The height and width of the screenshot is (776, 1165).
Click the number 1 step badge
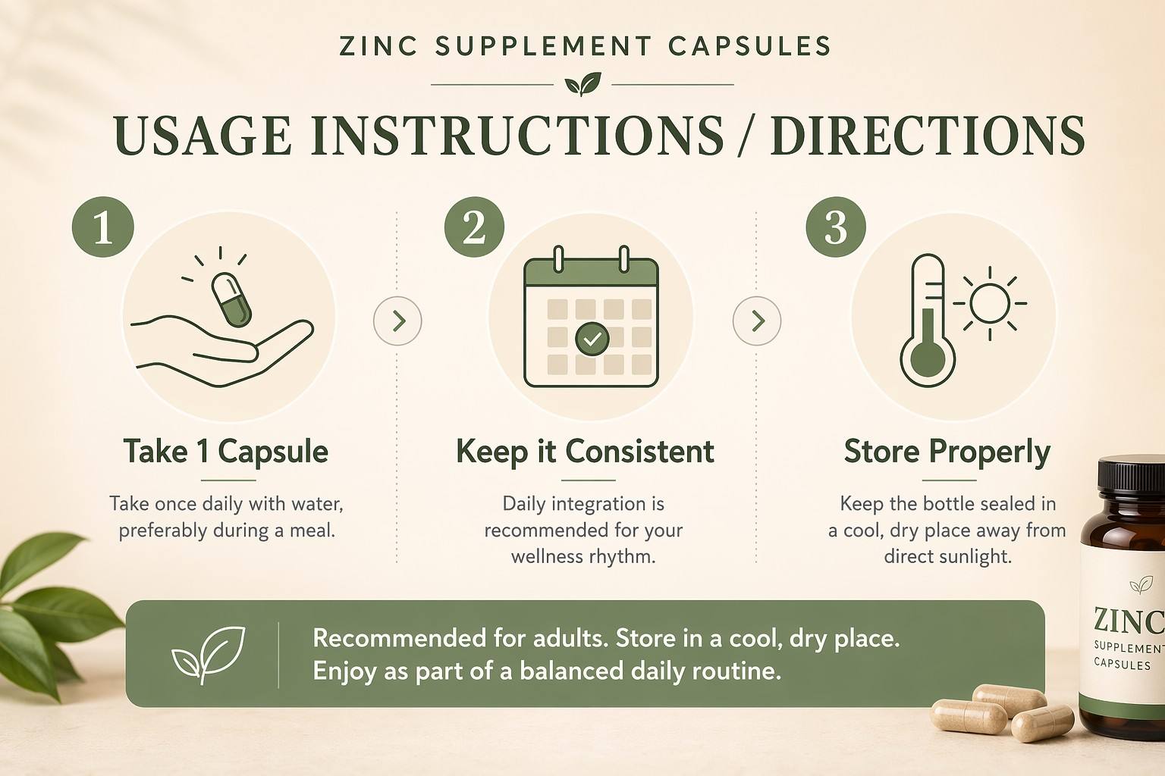pyautogui.click(x=103, y=227)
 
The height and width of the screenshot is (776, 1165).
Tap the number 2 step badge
pyautogui.click(x=474, y=227)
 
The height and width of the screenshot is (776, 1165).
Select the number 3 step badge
pyautogui.click(x=836, y=227)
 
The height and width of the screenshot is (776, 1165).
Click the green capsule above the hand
pyautogui.click(x=231, y=299)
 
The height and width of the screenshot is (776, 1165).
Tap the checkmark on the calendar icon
pyautogui.click(x=592, y=339)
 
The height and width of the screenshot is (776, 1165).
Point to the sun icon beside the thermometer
pyautogui.click(x=990, y=304)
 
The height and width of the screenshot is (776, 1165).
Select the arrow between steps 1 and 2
pyautogui.click(x=397, y=321)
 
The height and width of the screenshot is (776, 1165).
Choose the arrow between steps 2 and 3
pyautogui.click(x=757, y=321)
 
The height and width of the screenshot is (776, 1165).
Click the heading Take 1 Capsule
pyautogui.click(x=226, y=451)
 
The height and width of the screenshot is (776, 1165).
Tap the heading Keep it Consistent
pyautogui.click(x=585, y=451)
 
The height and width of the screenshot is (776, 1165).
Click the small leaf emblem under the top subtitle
pyautogui.click(x=582, y=84)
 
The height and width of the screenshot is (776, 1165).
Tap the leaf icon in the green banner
pyautogui.click(x=209, y=654)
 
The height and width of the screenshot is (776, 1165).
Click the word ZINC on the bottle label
pyautogui.click(x=1129, y=620)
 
